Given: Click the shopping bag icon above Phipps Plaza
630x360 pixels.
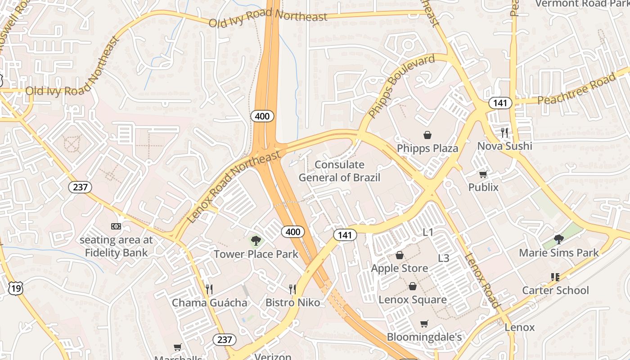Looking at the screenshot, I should pos(427,135).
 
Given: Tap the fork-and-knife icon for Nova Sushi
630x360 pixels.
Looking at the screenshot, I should pos(504,132).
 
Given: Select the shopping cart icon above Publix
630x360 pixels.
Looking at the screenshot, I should pos(483,174).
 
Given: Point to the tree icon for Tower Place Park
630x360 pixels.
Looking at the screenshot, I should pos(256,241).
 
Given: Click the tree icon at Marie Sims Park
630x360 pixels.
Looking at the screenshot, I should pos(559,239).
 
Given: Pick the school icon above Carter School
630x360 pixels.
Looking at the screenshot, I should pos(555,277).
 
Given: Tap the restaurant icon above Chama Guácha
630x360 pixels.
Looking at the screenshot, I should pos(209,289).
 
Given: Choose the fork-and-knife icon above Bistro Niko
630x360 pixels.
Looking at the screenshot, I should pos(292,289).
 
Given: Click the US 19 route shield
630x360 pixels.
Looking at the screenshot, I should pos(15,288).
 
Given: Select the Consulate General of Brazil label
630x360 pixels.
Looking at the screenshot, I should pos(339,171).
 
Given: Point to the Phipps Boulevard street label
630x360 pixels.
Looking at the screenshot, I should pos(401,86).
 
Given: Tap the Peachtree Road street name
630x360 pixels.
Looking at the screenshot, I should pos(576,89).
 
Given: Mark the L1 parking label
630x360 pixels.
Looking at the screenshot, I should pos(427,232).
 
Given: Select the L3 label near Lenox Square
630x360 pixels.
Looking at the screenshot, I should pos(444,258).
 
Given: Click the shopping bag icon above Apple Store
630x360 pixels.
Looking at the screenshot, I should pos(399,256).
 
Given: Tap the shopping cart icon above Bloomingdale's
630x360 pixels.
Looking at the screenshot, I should pos(424,324).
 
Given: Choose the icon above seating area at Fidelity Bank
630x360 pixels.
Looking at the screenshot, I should pos(116,226).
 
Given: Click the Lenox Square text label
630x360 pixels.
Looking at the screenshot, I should pos(413,300).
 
